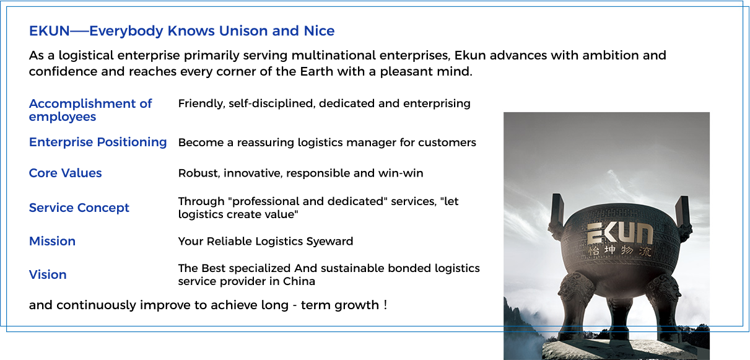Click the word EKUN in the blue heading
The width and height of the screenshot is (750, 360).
[49, 31]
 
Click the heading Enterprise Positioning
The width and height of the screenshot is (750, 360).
[98, 143]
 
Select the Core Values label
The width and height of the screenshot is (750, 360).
[65, 173]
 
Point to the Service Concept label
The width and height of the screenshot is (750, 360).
[79, 208]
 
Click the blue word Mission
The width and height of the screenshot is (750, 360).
[52, 241]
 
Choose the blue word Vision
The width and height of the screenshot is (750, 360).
[48, 274]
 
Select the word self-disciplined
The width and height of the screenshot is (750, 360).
[272, 104]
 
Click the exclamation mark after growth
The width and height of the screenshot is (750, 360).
[385, 305]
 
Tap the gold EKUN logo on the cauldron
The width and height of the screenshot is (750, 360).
[620, 234]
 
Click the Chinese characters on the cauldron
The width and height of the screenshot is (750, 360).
[620, 250]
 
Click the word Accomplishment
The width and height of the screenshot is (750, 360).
[83, 104]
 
